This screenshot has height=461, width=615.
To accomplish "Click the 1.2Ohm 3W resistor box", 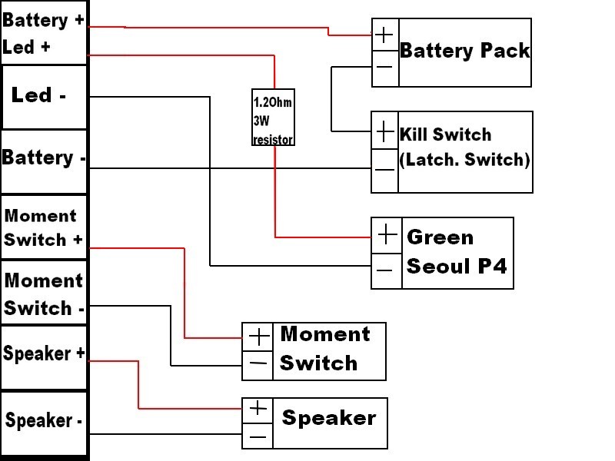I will (273, 119).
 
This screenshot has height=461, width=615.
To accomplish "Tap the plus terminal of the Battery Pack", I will (385, 35).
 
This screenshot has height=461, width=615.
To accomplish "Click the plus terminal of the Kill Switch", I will (384, 132).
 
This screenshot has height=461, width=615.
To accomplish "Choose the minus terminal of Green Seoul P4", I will (387, 269).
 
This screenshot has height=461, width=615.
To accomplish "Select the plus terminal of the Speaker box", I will (258, 409).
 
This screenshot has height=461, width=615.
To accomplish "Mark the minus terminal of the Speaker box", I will (258, 436).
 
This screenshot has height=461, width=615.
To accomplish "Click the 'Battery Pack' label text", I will (465, 51).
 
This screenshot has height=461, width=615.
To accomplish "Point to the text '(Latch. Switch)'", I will (465, 160).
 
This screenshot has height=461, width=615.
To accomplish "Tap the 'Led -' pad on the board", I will (44, 96).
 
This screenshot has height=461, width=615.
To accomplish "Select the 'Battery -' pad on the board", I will (43, 158).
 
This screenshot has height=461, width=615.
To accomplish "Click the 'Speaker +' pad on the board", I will (44, 354).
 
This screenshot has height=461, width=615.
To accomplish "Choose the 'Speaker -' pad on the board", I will (44, 421).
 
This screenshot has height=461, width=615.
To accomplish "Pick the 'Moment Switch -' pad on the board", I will (44, 294).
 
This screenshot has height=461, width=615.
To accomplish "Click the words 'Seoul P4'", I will (456, 267).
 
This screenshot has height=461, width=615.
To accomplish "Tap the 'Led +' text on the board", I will (27, 47).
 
